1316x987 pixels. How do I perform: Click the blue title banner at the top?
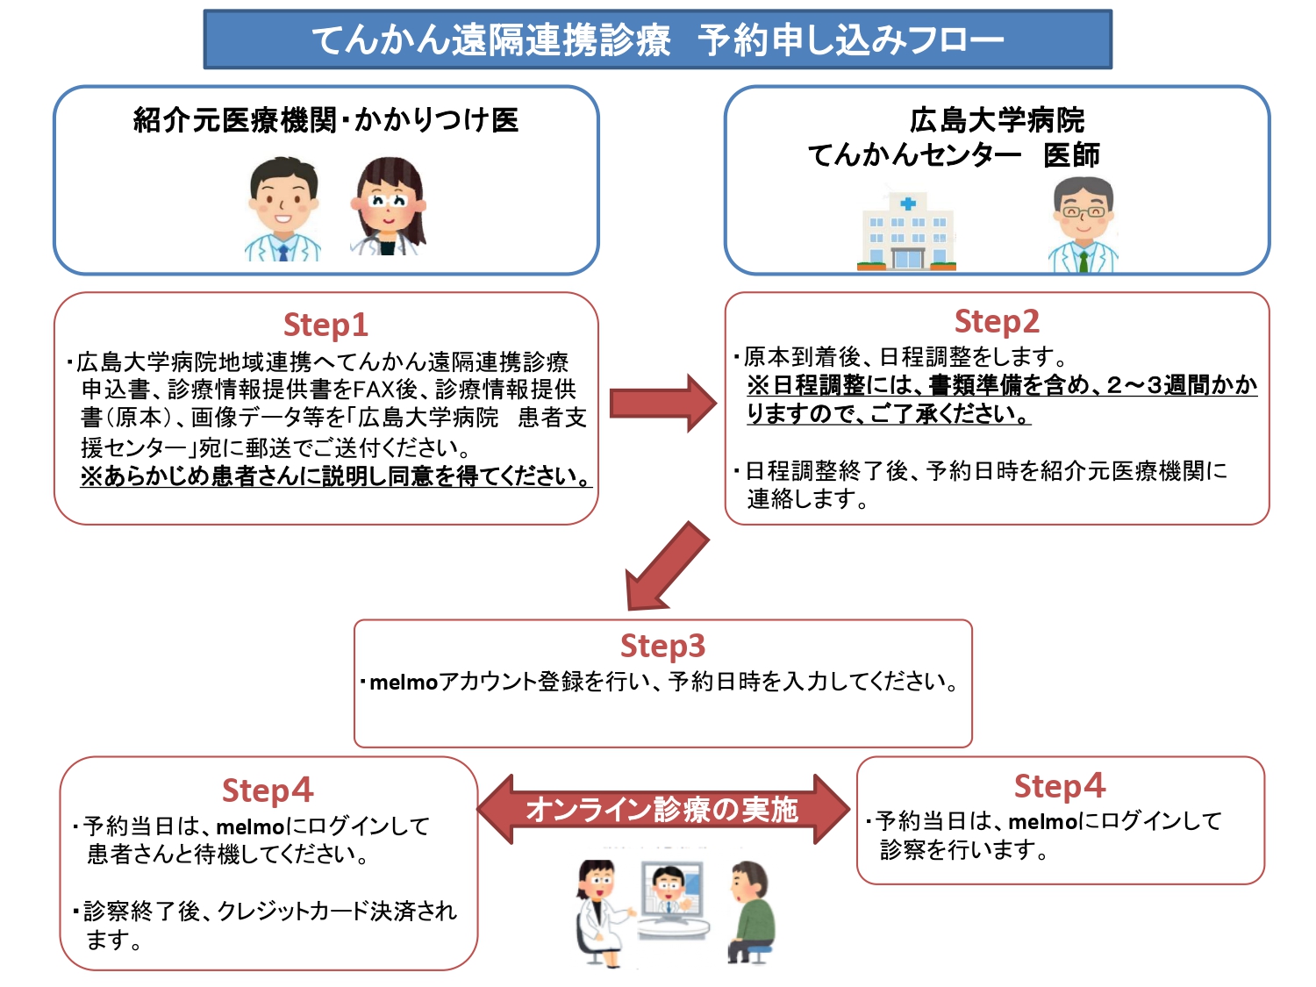click(657, 39)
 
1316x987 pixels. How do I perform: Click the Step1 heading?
click(325, 325)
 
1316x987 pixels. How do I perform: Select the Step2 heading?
click(997, 321)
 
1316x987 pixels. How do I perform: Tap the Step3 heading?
click(662, 646)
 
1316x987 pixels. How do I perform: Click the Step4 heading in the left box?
click(268, 790)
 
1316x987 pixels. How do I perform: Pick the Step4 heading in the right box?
click(1060, 786)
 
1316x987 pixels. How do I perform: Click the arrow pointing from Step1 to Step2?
click(662, 404)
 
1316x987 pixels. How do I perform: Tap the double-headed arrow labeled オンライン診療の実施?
click(662, 809)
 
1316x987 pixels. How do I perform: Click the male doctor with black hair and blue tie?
click(283, 211)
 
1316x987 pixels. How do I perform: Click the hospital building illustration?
click(907, 232)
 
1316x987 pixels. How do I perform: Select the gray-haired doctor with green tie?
click(1084, 225)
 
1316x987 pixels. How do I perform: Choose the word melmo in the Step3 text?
click(404, 682)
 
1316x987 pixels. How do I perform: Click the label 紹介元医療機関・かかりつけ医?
click(325, 120)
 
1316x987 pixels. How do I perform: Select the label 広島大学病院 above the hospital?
click(997, 120)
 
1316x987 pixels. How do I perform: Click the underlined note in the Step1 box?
click(336, 476)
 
